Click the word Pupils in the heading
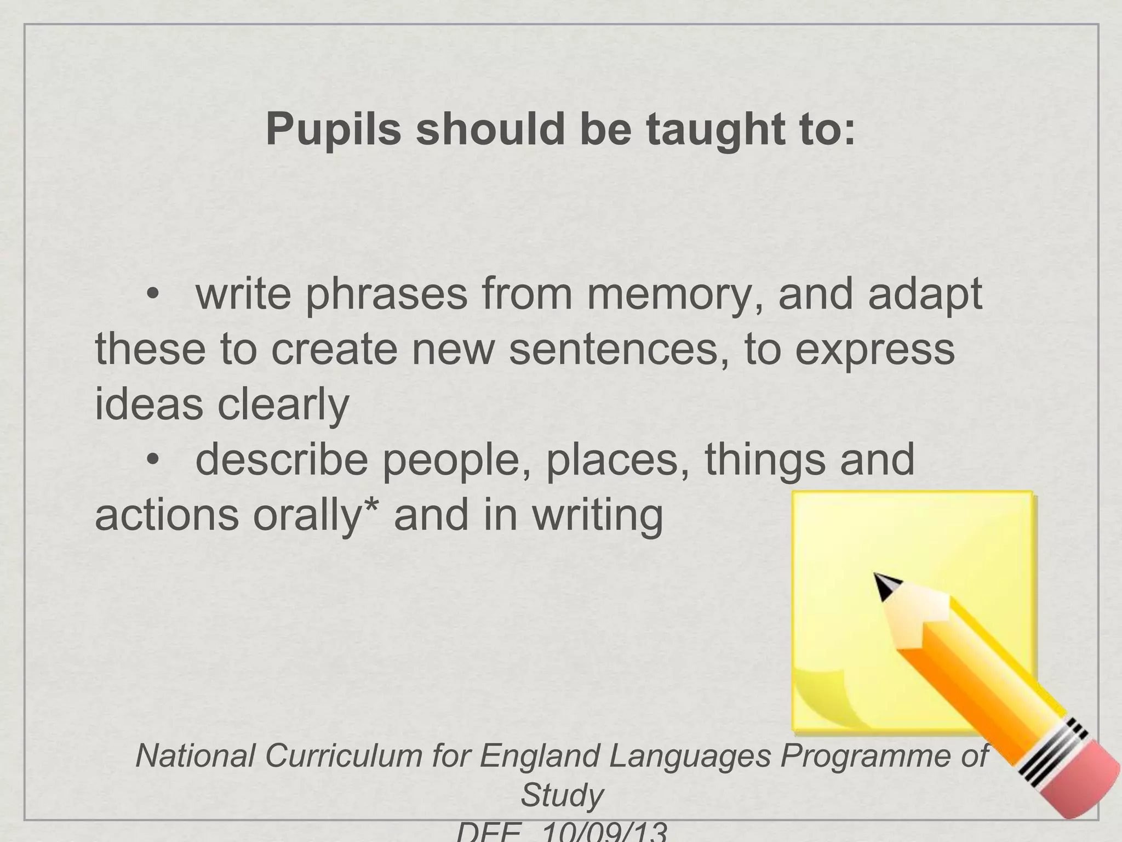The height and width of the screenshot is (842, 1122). pos(333,130)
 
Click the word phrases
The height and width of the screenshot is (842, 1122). pos(386,294)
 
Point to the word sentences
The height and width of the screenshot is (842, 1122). pos(619,350)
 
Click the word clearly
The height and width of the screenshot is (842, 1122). pos(283,404)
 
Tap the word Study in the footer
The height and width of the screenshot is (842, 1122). pos(562,794)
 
